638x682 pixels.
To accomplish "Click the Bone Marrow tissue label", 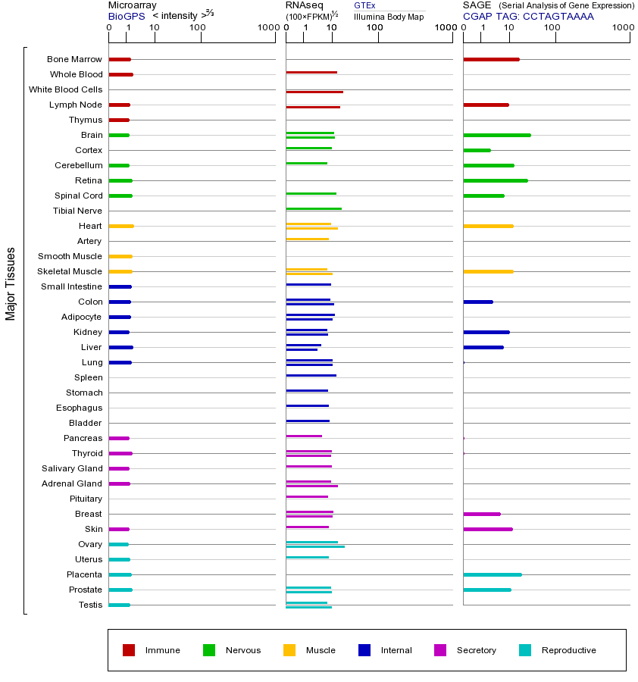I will point(74,59).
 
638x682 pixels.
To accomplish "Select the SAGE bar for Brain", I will point(496,135).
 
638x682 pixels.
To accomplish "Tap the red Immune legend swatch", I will point(129,650).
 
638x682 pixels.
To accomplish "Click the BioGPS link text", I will point(125,16).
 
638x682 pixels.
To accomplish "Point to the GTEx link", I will point(364,5).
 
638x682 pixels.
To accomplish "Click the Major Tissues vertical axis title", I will point(11,283).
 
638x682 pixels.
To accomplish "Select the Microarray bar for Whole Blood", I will point(120,74).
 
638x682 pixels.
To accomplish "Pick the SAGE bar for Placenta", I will point(492,574).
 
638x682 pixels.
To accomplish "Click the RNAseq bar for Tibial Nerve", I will point(313,208).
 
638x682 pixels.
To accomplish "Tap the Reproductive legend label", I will point(568,650).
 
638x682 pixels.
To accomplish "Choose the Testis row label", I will point(90,605).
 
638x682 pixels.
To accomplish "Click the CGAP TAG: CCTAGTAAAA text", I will point(528,16).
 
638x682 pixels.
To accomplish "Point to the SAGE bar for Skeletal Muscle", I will point(488,271).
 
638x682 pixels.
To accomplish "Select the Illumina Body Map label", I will point(389,16).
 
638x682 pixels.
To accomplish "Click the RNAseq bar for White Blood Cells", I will point(314,92).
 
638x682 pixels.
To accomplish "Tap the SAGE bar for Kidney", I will point(486,332).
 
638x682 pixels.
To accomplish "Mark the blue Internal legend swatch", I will point(364,650).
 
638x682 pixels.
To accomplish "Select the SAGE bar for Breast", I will point(481,514).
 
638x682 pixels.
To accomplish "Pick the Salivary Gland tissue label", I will point(73,468).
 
